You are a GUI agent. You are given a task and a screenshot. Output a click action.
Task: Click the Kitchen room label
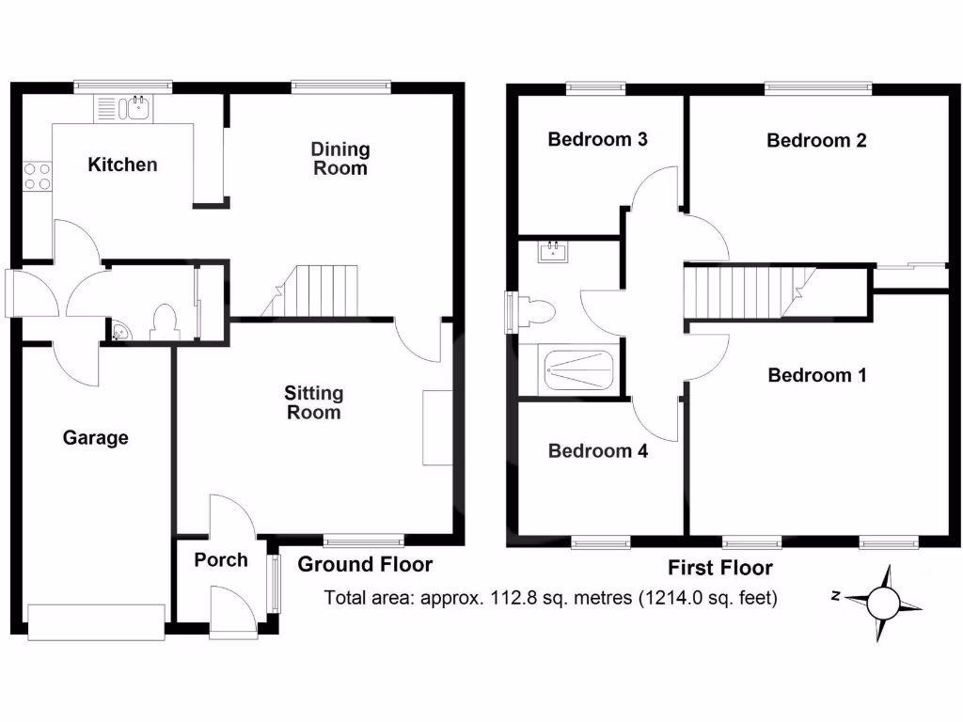(122, 165)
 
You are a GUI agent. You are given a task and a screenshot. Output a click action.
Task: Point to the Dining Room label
(340, 159)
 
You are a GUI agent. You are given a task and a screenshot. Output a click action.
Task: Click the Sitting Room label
(314, 402)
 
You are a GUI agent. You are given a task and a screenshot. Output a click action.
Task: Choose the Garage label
(95, 438)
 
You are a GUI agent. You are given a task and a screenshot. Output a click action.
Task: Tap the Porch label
(221, 560)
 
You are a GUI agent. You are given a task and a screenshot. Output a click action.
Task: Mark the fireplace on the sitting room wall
(436, 427)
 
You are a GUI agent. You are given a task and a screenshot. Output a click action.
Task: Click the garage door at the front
(97, 620)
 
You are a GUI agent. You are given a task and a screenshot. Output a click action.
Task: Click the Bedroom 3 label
(597, 140)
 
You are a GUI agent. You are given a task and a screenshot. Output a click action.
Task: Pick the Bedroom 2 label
(816, 141)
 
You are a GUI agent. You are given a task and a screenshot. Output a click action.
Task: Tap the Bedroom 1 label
(816, 376)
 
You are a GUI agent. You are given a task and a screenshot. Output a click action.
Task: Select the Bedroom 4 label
(597, 451)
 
